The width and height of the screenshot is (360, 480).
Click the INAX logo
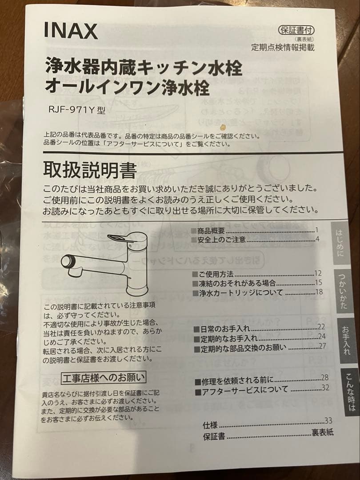point(71,31)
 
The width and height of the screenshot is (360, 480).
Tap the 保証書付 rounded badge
point(296,31)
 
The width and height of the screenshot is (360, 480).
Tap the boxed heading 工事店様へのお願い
point(103,378)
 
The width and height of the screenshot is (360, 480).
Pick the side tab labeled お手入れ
point(346,340)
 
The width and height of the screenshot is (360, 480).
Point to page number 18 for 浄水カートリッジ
point(318,292)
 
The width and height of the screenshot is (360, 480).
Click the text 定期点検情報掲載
point(282,48)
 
